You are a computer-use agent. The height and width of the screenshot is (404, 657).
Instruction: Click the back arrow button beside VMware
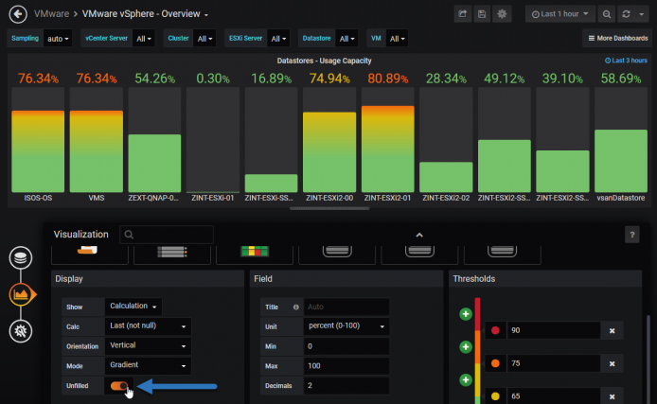[18, 14]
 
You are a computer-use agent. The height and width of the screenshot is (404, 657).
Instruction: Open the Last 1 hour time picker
[559, 14]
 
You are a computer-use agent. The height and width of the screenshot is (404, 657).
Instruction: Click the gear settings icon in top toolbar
[502, 14]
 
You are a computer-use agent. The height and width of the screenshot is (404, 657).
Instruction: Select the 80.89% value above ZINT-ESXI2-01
[387, 79]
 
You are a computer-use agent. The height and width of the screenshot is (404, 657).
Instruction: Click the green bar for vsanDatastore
[620, 161]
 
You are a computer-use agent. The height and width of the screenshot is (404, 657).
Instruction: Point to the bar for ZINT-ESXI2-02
[446, 177]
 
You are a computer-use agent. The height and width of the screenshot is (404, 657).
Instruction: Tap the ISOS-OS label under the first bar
[38, 198]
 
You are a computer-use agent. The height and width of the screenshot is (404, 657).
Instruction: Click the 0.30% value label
[213, 79]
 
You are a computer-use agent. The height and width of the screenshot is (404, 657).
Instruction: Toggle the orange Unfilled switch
[119, 386]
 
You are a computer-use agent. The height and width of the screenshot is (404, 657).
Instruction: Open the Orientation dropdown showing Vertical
[148, 345]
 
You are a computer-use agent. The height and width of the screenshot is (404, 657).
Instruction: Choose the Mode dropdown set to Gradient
[148, 365]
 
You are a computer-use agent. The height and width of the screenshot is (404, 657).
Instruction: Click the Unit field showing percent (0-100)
[346, 326]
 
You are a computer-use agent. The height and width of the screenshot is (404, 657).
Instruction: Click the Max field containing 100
[346, 366]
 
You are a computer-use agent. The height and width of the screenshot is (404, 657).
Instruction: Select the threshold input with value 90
[553, 330]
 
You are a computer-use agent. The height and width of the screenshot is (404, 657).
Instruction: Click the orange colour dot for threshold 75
[495, 363]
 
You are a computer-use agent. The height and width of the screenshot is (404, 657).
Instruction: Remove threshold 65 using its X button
[612, 396]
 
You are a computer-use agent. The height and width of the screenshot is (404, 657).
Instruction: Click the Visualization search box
[167, 235]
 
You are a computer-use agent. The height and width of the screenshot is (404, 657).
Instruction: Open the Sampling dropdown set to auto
[58, 39]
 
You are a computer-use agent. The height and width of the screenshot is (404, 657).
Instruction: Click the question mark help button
[631, 235]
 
